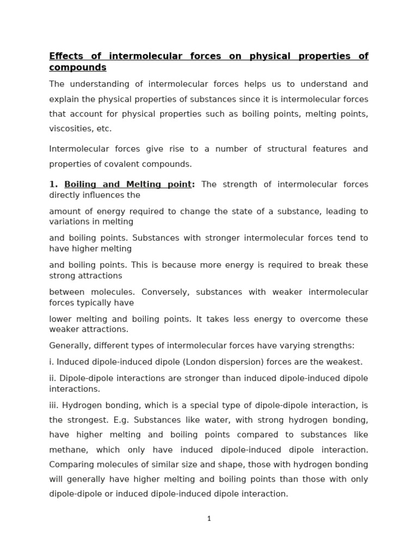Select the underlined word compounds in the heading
click(x=78, y=68)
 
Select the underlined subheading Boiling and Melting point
click(x=128, y=184)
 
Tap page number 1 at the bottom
click(x=209, y=519)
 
